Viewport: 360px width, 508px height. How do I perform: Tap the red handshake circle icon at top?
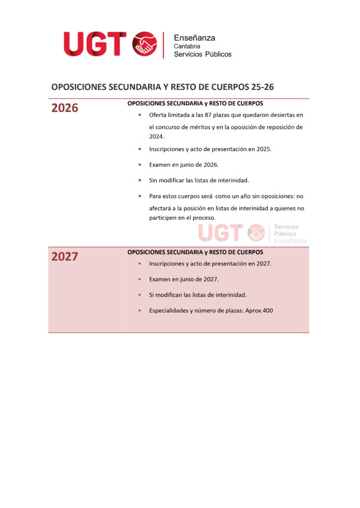(144, 44)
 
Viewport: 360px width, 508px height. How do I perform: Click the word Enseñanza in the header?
(194, 38)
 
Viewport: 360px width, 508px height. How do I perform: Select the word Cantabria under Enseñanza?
(187, 46)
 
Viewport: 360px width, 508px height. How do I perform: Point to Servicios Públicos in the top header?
(202, 54)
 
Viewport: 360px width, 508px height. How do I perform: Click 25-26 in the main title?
(262, 87)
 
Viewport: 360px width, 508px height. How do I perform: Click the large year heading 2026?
(65, 108)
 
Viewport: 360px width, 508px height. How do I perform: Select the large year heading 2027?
(65, 257)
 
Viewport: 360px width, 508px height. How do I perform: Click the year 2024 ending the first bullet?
(156, 136)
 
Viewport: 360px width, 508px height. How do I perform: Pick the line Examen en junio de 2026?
(184, 165)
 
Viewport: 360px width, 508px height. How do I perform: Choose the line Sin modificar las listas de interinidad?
(199, 180)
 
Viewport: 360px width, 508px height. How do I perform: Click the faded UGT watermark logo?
(221, 233)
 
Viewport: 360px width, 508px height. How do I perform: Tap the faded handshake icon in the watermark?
(256, 233)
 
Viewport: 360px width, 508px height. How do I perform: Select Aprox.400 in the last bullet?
(259, 311)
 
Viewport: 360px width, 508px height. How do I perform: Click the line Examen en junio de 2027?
(184, 279)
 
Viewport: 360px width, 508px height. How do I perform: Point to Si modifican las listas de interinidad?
(198, 295)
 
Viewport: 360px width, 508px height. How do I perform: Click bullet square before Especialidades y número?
(140, 311)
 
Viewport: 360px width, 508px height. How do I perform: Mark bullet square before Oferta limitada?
(140, 115)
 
